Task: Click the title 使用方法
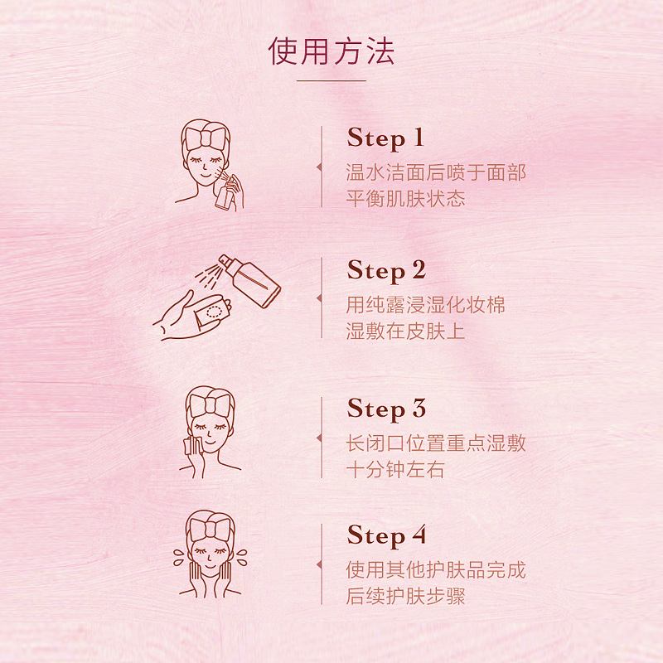pos(331,51)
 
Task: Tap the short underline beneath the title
pos(331,80)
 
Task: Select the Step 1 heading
pos(385,138)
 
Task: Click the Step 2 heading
pos(386,271)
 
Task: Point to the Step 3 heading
pos(386,409)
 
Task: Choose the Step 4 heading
pos(386,536)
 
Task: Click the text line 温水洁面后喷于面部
pos(436,173)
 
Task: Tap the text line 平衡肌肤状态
pos(405,199)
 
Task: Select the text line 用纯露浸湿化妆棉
pos(425,305)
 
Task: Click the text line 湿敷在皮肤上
pos(405,331)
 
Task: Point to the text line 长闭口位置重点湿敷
pos(436,443)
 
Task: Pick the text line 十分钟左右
pos(395,469)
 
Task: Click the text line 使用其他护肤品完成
pos(436,570)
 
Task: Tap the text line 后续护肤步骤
pos(405,596)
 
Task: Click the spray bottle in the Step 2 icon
pos(250,280)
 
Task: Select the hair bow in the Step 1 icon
pos(206,136)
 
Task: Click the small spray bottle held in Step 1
pos(225,192)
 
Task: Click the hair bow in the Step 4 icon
pos(211,529)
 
